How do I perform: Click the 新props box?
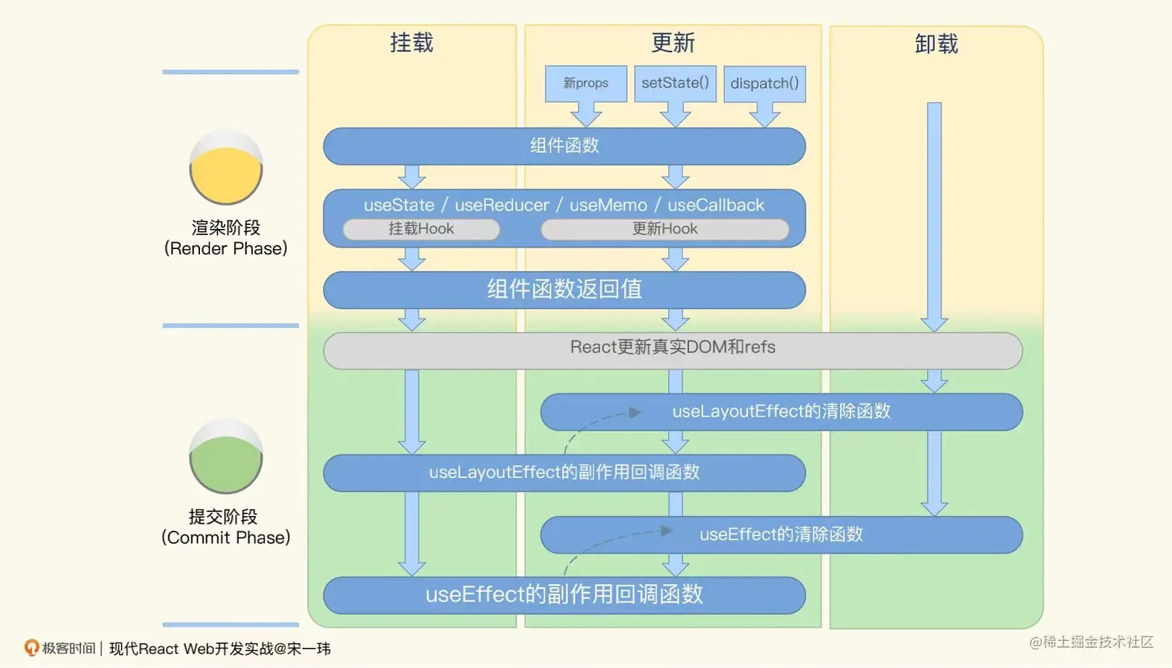(586, 83)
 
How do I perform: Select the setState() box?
(675, 83)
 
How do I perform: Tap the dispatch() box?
(764, 84)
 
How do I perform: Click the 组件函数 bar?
(564, 146)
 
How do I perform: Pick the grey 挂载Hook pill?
(421, 229)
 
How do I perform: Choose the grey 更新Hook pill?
(664, 229)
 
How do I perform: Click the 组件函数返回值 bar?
(564, 289)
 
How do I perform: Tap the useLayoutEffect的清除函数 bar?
(781, 411)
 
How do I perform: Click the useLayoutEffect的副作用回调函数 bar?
(564, 472)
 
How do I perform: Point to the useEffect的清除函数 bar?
(781, 535)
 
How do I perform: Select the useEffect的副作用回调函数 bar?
(564, 595)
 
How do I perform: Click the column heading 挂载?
(412, 43)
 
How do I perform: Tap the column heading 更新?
(673, 43)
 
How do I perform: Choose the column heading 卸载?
(936, 44)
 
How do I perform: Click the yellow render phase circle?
(226, 168)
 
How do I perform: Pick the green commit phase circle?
(226, 457)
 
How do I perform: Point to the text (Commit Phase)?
(226, 538)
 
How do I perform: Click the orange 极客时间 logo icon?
(32, 647)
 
